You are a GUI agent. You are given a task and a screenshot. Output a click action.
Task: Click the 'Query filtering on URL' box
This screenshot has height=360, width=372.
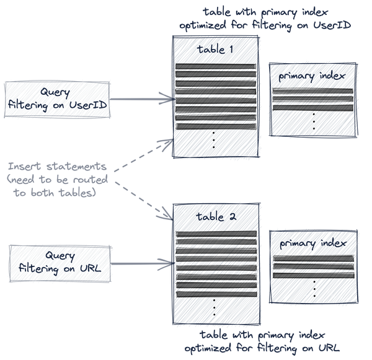(x=60, y=263)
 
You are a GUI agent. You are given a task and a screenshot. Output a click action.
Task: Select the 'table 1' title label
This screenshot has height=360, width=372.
(x=215, y=50)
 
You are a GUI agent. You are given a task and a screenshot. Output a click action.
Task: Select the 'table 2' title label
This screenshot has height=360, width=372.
(x=215, y=217)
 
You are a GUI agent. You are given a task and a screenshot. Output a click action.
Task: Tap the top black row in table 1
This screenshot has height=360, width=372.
(x=215, y=67)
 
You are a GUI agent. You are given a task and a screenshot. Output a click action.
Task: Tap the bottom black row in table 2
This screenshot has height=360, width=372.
(x=215, y=291)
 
